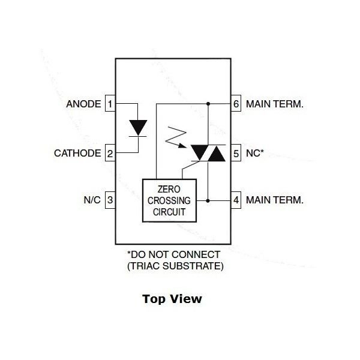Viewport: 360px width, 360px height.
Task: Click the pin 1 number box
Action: coord(110,104)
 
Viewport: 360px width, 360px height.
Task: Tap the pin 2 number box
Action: coord(110,153)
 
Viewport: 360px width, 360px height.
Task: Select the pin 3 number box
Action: coord(110,199)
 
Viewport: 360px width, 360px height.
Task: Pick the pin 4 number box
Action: coord(236,199)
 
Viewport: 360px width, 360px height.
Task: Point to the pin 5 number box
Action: coord(236,153)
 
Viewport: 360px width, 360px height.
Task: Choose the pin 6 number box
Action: coord(236,104)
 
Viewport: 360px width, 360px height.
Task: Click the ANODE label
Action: coord(83,104)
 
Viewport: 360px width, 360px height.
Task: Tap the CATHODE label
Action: coord(77,153)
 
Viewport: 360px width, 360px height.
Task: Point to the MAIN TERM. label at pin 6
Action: coord(275,104)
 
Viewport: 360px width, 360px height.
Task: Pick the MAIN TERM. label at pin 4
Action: coord(275,199)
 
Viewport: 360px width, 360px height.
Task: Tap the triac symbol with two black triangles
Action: coord(208,153)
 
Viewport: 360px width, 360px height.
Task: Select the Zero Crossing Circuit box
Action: coord(170,200)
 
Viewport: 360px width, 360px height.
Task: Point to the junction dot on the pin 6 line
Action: coord(208,104)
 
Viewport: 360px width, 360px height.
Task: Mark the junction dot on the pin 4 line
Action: coord(208,199)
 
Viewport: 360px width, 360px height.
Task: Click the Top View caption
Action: coord(172,298)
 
